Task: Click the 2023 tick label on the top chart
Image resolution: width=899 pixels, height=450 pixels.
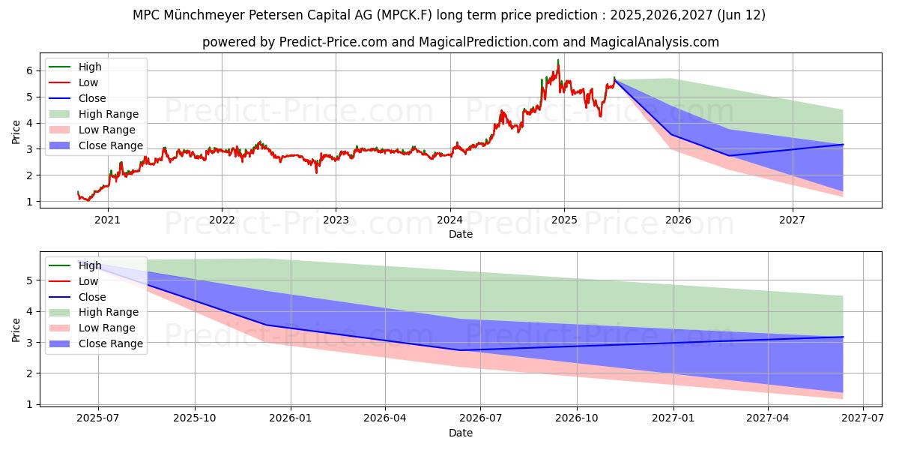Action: [x=336, y=220]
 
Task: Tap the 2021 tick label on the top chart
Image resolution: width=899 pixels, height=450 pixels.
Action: [x=108, y=220]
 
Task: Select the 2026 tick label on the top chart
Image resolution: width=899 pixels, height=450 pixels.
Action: [x=678, y=220]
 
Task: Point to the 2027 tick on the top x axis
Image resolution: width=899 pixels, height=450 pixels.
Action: [x=792, y=220]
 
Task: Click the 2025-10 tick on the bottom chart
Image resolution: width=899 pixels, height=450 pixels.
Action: [x=195, y=418]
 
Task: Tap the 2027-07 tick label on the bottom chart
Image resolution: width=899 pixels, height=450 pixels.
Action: [x=863, y=418]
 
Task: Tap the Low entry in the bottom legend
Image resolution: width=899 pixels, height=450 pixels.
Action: [x=88, y=281]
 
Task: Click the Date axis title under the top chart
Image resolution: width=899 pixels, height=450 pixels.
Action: [x=460, y=234]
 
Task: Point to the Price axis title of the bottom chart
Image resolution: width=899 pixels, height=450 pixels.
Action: [x=16, y=329]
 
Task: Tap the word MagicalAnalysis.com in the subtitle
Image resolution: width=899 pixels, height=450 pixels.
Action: [x=654, y=42]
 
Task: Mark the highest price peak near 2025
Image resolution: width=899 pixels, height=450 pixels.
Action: [x=557, y=61]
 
